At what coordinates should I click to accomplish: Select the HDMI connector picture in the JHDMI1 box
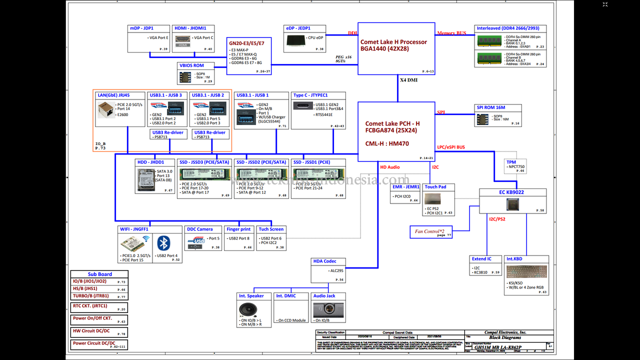click(x=183, y=40)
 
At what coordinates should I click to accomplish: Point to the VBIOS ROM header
click(x=191, y=65)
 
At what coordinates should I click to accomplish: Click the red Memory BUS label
click(x=451, y=33)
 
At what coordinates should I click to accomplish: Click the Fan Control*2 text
click(x=429, y=231)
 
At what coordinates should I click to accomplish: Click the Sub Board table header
click(x=99, y=274)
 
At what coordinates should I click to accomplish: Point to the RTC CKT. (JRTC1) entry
click(x=90, y=306)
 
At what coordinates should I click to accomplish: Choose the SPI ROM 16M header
click(x=491, y=108)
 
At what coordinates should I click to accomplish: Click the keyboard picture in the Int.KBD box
click(x=526, y=271)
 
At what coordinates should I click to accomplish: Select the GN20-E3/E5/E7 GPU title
click(x=246, y=43)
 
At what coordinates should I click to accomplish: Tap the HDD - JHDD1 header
click(x=150, y=162)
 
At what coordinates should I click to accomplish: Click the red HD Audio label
click(x=390, y=167)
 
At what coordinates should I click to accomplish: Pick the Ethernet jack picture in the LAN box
click(x=105, y=108)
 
